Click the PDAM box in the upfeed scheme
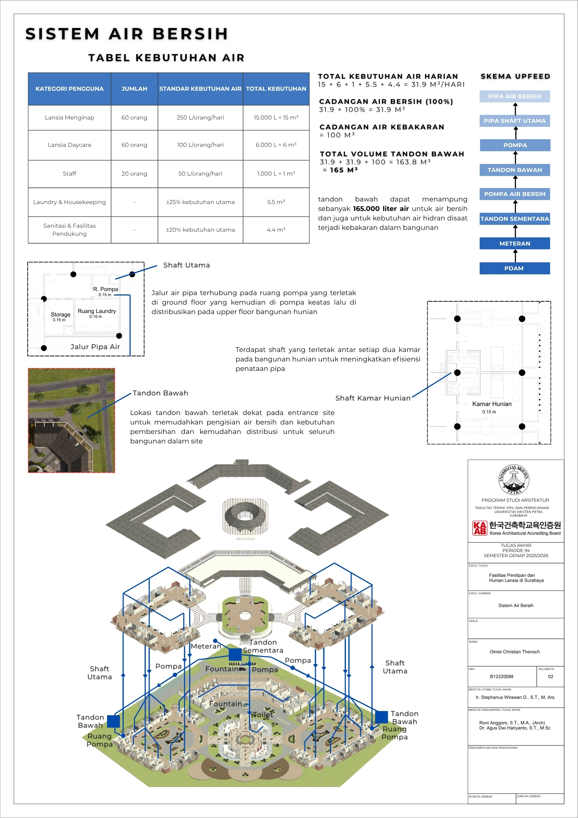514,268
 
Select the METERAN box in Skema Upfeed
514,243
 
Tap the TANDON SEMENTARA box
514,219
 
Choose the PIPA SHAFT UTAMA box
514,121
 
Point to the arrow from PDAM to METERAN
515,256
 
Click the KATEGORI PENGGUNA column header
70,89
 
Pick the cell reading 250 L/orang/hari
200,117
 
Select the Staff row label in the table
70,173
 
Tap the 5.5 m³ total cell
276,202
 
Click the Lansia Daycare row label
70,145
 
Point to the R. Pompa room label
106,289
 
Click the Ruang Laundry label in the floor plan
97,311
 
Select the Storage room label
60,314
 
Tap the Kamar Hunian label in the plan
492,404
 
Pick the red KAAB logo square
479,528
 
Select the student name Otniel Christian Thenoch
515,652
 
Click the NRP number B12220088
502,677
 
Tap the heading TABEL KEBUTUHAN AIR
166,58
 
